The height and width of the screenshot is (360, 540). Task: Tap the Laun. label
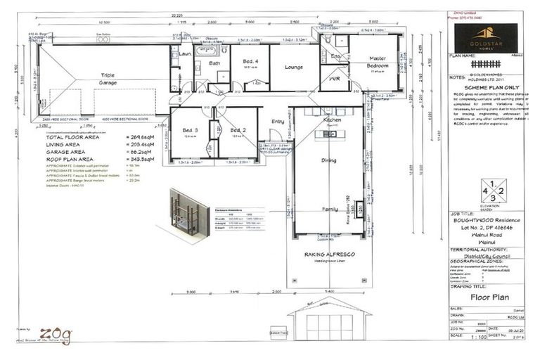[185, 53]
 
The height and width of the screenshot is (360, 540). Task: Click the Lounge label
[293, 67]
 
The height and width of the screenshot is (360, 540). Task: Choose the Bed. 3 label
[188, 130]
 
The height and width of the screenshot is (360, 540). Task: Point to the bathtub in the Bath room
[212, 50]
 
